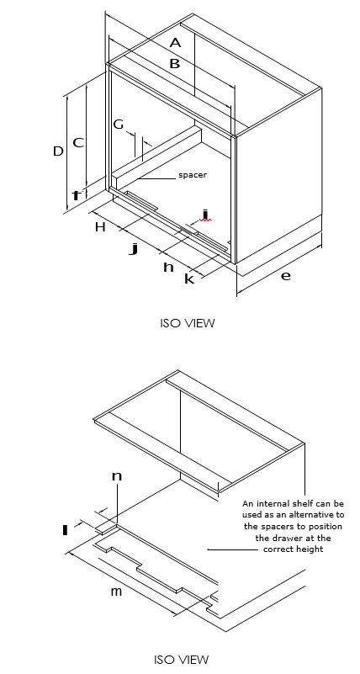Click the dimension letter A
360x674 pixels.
point(175,42)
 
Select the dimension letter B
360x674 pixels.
point(175,63)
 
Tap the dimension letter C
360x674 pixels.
point(77,142)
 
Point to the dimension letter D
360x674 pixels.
point(58,151)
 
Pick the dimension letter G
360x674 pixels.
point(119,125)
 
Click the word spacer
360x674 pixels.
point(192,175)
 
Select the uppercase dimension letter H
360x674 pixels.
point(99,227)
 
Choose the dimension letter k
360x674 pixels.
point(188,279)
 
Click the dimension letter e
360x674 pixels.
point(285,275)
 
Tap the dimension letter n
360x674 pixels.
point(117,476)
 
